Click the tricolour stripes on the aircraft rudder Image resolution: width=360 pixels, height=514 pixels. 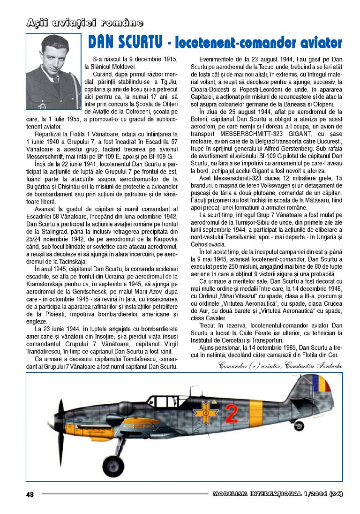(x=324, y=386)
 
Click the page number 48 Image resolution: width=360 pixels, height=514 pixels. (x=30, y=494)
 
